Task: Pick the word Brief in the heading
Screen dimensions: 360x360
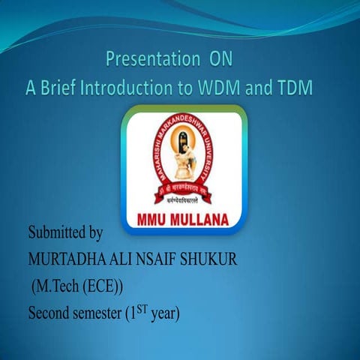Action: pos(63,86)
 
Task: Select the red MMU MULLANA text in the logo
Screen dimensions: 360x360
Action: pos(184,220)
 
